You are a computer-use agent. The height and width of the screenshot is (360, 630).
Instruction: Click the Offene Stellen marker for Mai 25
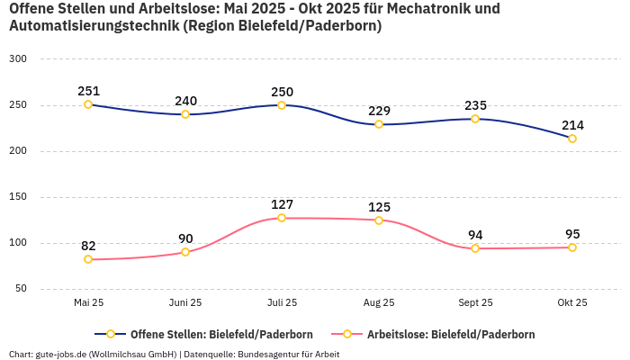pos(88,104)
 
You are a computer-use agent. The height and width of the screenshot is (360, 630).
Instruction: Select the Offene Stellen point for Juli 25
pos(282,105)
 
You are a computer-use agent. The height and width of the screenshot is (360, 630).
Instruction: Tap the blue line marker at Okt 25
pos(572,139)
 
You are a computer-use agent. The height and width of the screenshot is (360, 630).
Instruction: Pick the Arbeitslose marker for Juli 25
pos(282,218)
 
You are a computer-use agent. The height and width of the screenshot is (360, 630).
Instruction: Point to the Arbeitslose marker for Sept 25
pos(475,248)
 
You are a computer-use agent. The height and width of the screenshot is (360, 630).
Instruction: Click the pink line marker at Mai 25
pos(88,259)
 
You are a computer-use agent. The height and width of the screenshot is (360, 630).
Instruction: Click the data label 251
pos(88,91)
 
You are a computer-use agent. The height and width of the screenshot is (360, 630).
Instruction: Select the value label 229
pos(379,111)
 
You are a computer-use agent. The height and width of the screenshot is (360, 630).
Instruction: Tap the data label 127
pos(282,204)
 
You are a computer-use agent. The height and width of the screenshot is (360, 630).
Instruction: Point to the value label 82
pos(88,246)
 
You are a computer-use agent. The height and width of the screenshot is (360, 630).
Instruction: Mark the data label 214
pos(572,125)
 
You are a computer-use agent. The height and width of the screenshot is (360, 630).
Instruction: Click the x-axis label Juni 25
pos(185,302)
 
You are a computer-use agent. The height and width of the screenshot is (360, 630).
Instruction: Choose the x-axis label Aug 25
pos(379,302)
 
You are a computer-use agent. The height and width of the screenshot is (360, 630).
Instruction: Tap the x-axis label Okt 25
pos(572,302)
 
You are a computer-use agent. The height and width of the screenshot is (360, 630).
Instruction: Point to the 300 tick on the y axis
pos(18,58)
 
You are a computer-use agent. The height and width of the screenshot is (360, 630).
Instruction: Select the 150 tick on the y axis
pos(18,196)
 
